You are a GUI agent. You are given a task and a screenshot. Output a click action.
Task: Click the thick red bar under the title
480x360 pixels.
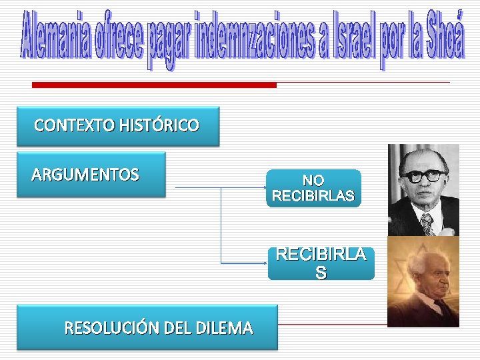(x=154, y=85)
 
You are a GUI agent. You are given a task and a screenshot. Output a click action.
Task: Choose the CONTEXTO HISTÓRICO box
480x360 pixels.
(x=117, y=125)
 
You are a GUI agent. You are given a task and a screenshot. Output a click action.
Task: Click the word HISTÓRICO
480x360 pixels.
(x=159, y=125)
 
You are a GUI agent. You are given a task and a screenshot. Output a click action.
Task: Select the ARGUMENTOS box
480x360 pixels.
(x=91, y=175)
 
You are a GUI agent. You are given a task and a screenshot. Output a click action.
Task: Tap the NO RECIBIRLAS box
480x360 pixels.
(x=313, y=189)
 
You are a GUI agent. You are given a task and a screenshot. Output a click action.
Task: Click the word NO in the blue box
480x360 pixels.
(x=313, y=181)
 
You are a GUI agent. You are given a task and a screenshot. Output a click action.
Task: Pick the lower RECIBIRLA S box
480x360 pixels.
(x=321, y=264)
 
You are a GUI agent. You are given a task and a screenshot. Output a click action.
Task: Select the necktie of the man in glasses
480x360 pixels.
(x=427, y=223)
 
